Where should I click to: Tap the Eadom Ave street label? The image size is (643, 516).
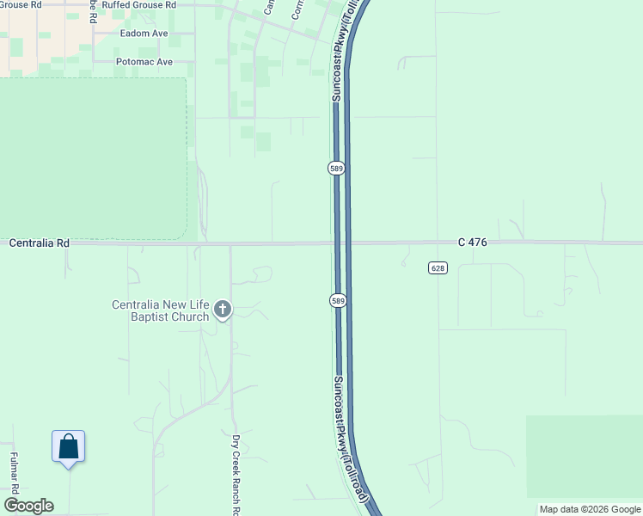(x=144, y=34)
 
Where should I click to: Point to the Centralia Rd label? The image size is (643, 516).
(x=39, y=243)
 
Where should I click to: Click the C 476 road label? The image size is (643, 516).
(x=473, y=243)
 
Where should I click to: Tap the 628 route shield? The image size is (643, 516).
(x=438, y=268)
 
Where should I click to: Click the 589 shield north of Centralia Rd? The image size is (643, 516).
(x=337, y=169)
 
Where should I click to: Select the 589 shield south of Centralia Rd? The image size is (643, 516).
(x=337, y=300)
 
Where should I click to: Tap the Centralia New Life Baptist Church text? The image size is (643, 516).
(x=161, y=310)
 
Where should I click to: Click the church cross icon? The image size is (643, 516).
(x=223, y=310)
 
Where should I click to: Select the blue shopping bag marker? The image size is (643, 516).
(x=68, y=447)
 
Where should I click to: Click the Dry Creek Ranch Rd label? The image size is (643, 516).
(x=236, y=473)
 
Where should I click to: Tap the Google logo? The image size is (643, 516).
(x=29, y=506)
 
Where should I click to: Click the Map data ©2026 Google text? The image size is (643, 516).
(x=590, y=509)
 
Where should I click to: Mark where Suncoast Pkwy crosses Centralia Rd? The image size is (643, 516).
(x=342, y=243)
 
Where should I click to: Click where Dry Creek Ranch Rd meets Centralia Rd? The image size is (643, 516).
(x=230, y=243)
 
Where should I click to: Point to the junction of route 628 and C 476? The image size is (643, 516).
(x=438, y=243)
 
